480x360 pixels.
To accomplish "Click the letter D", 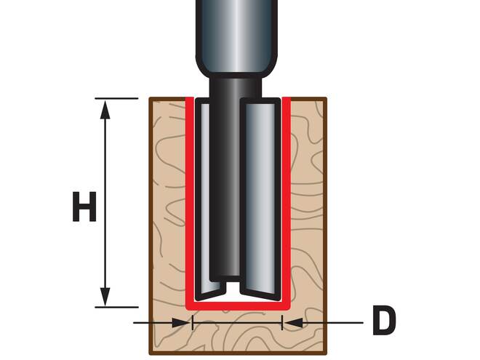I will tap(384, 321).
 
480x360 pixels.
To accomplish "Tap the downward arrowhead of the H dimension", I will tap(106, 297).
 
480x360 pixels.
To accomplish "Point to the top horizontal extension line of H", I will tap(116, 98).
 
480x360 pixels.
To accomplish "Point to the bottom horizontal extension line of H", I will tap(116, 307).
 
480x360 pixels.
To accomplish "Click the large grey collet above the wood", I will tap(236, 36).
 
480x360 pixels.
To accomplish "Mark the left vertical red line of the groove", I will tap(189, 196).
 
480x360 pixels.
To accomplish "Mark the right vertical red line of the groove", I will tap(286, 196).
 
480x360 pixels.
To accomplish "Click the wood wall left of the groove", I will tap(168, 204).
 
